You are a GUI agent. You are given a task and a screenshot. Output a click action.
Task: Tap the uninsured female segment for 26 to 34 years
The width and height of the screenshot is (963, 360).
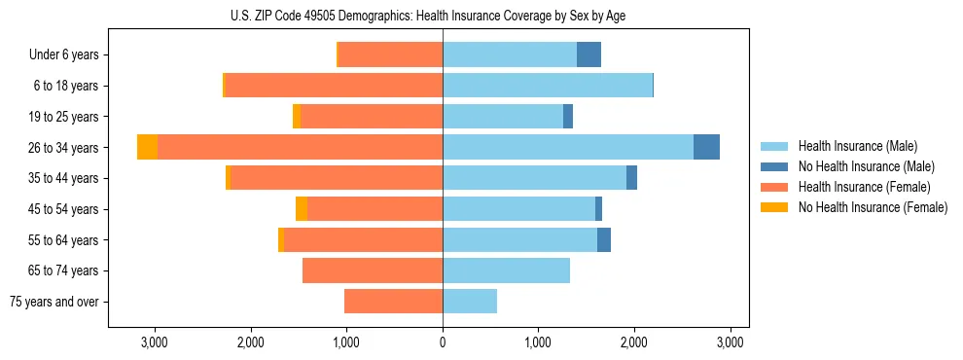pyautogui.click(x=147, y=147)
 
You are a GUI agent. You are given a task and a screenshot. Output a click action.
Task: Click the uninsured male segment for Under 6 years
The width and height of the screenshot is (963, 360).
pyautogui.click(x=588, y=54)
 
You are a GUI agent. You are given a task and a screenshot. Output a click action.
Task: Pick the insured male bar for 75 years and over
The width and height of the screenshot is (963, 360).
pyautogui.click(x=470, y=302)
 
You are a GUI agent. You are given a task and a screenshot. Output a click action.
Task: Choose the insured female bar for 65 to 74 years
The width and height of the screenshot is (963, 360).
pyautogui.click(x=373, y=270)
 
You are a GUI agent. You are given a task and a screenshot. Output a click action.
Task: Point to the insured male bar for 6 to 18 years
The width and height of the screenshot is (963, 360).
pyautogui.click(x=548, y=86)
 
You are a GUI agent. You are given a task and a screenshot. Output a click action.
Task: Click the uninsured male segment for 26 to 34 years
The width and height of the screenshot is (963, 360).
pyautogui.click(x=706, y=147)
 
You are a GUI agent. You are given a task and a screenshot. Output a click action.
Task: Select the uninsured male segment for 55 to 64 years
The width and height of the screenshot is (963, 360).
pyautogui.click(x=604, y=239)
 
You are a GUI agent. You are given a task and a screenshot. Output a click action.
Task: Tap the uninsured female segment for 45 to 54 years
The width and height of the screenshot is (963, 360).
pyautogui.click(x=302, y=209)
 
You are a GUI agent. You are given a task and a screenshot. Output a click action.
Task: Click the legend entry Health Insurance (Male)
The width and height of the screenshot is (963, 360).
pyautogui.click(x=857, y=146)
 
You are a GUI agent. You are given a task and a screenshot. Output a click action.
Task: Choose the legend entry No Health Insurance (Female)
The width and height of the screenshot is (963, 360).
pyautogui.click(x=873, y=207)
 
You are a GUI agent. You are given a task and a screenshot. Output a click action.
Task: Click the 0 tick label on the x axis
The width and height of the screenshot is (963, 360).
pyautogui.click(x=443, y=342)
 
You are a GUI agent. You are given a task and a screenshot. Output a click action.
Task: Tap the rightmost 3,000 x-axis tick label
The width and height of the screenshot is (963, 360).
pyautogui.click(x=731, y=342)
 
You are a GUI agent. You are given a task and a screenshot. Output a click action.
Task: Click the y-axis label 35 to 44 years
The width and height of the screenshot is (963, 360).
pyautogui.click(x=64, y=178)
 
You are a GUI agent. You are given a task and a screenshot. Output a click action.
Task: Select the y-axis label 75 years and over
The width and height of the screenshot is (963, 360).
pyautogui.click(x=54, y=302)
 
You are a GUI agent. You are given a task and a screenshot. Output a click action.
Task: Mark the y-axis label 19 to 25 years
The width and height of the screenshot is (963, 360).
pyautogui.click(x=64, y=117)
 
